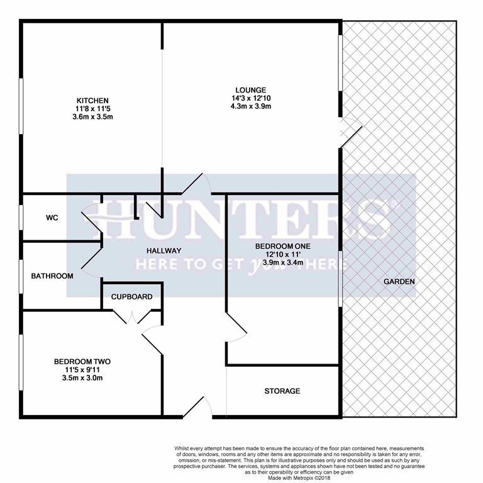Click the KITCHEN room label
coord(92,101)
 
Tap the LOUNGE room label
coord(251,91)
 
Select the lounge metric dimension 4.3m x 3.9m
coord(251,106)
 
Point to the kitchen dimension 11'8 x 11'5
coord(92,109)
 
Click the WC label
coord(52,218)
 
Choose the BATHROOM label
coord(52,276)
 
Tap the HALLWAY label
coord(164,251)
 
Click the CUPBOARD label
coord(132,297)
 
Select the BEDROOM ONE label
coord(283,247)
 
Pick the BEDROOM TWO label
coord(82,362)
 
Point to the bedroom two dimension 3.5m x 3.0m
coord(82,377)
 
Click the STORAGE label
coord(282,391)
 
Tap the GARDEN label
coord(399,282)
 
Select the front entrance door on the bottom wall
coord(197,408)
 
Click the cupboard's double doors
coord(132,317)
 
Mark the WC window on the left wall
coord(21,218)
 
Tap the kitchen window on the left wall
coord(21,106)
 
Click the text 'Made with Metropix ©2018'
coord(299,478)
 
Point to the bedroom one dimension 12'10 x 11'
coord(283,255)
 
